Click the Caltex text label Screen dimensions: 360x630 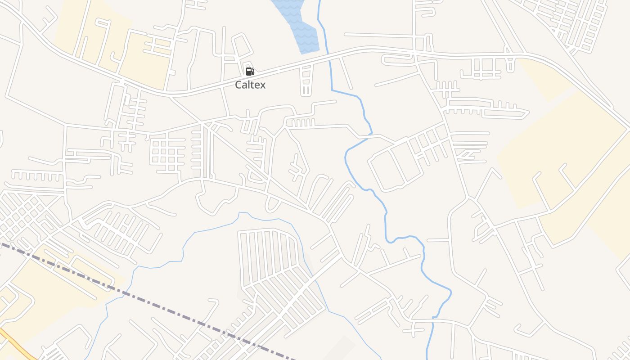250,85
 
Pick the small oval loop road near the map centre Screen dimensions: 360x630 272,204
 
